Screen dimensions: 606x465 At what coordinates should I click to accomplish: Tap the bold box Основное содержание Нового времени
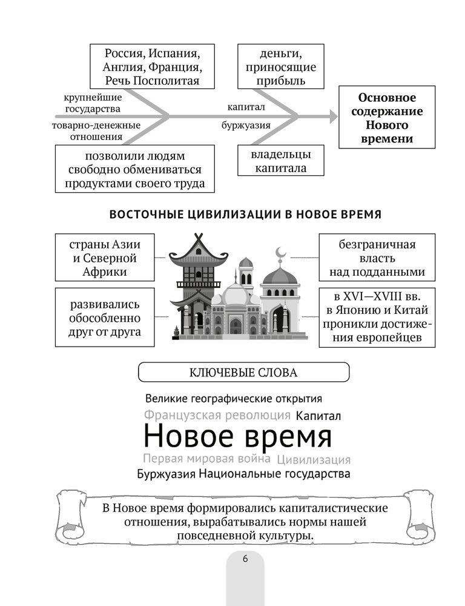point(387,118)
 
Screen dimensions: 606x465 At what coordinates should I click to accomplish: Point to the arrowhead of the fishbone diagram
point(334,116)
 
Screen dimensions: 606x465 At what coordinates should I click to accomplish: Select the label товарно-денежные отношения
point(96,131)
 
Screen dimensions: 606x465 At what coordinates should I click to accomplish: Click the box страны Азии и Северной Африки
point(104,258)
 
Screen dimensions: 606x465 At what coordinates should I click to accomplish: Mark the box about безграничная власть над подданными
point(377,258)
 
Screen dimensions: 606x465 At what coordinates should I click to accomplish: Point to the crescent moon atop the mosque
point(279,252)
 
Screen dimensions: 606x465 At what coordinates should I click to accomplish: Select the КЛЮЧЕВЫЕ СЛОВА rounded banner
point(244,372)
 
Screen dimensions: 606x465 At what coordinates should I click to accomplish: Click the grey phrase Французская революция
point(217,416)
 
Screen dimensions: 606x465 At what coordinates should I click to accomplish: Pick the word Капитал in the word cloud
point(319,416)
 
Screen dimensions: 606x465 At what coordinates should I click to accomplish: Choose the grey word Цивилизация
point(313,459)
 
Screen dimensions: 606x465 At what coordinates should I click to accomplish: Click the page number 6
point(245,559)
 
